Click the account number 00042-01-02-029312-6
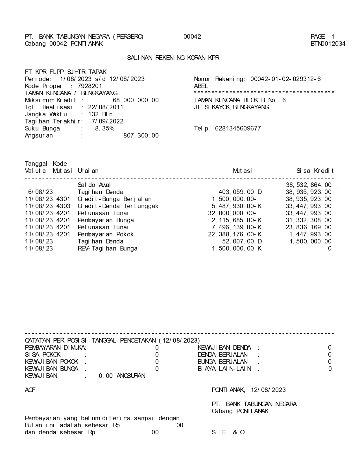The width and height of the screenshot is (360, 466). click(x=285, y=79)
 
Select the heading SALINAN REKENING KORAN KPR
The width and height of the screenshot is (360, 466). click(x=173, y=58)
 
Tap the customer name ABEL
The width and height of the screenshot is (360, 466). click(x=201, y=86)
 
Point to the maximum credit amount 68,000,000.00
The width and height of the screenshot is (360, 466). click(x=136, y=100)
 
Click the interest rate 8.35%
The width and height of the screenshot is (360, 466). click(x=105, y=129)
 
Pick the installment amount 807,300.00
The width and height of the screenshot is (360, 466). click(x=141, y=136)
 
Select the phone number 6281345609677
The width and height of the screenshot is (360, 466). click(x=238, y=129)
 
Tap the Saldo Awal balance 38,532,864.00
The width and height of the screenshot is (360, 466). click(x=309, y=185)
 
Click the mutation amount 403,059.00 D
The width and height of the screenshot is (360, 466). click(x=240, y=192)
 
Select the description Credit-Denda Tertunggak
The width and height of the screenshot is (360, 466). click(x=118, y=206)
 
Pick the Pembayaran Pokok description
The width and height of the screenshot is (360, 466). click(x=106, y=234)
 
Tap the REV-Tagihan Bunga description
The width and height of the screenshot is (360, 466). click(x=108, y=249)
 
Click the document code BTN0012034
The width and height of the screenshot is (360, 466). click(x=328, y=44)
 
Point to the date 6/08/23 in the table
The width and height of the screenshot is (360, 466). click(x=40, y=192)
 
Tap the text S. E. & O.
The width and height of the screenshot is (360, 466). click(x=228, y=432)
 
